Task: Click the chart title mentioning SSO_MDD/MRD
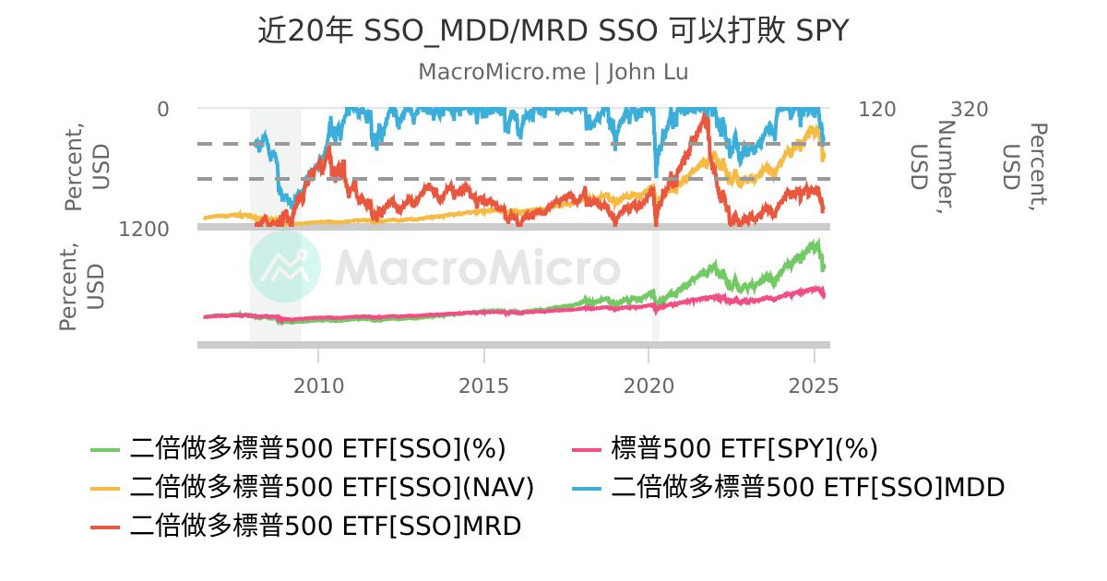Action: (553, 31)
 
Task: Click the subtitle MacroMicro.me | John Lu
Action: (553, 72)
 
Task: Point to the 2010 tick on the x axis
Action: (318, 385)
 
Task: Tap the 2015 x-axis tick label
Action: (483, 385)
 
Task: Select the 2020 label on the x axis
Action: (649, 385)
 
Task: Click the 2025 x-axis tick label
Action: (814, 385)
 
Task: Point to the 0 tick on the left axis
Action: (163, 110)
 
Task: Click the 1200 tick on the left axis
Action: (144, 229)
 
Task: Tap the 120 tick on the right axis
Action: (876, 110)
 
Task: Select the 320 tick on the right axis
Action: (970, 110)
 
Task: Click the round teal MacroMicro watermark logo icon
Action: (285, 267)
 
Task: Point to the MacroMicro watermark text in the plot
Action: (477, 268)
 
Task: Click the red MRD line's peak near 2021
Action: (706, 115)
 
